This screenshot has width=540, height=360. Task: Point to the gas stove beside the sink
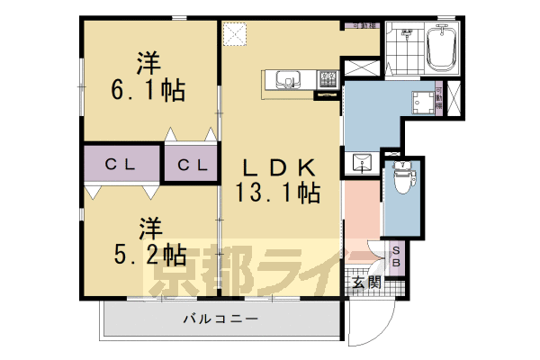pyautogui.click(x=327, y=79)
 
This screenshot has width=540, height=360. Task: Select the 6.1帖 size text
pyautogui.click(x=149, y=90)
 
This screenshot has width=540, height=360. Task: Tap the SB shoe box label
pyautogui.click(x=397, y=257)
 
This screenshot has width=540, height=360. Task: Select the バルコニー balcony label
pyautogui.click(x=220, y=319)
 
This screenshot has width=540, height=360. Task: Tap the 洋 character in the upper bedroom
pyautogui.click(x=149, y=63)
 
